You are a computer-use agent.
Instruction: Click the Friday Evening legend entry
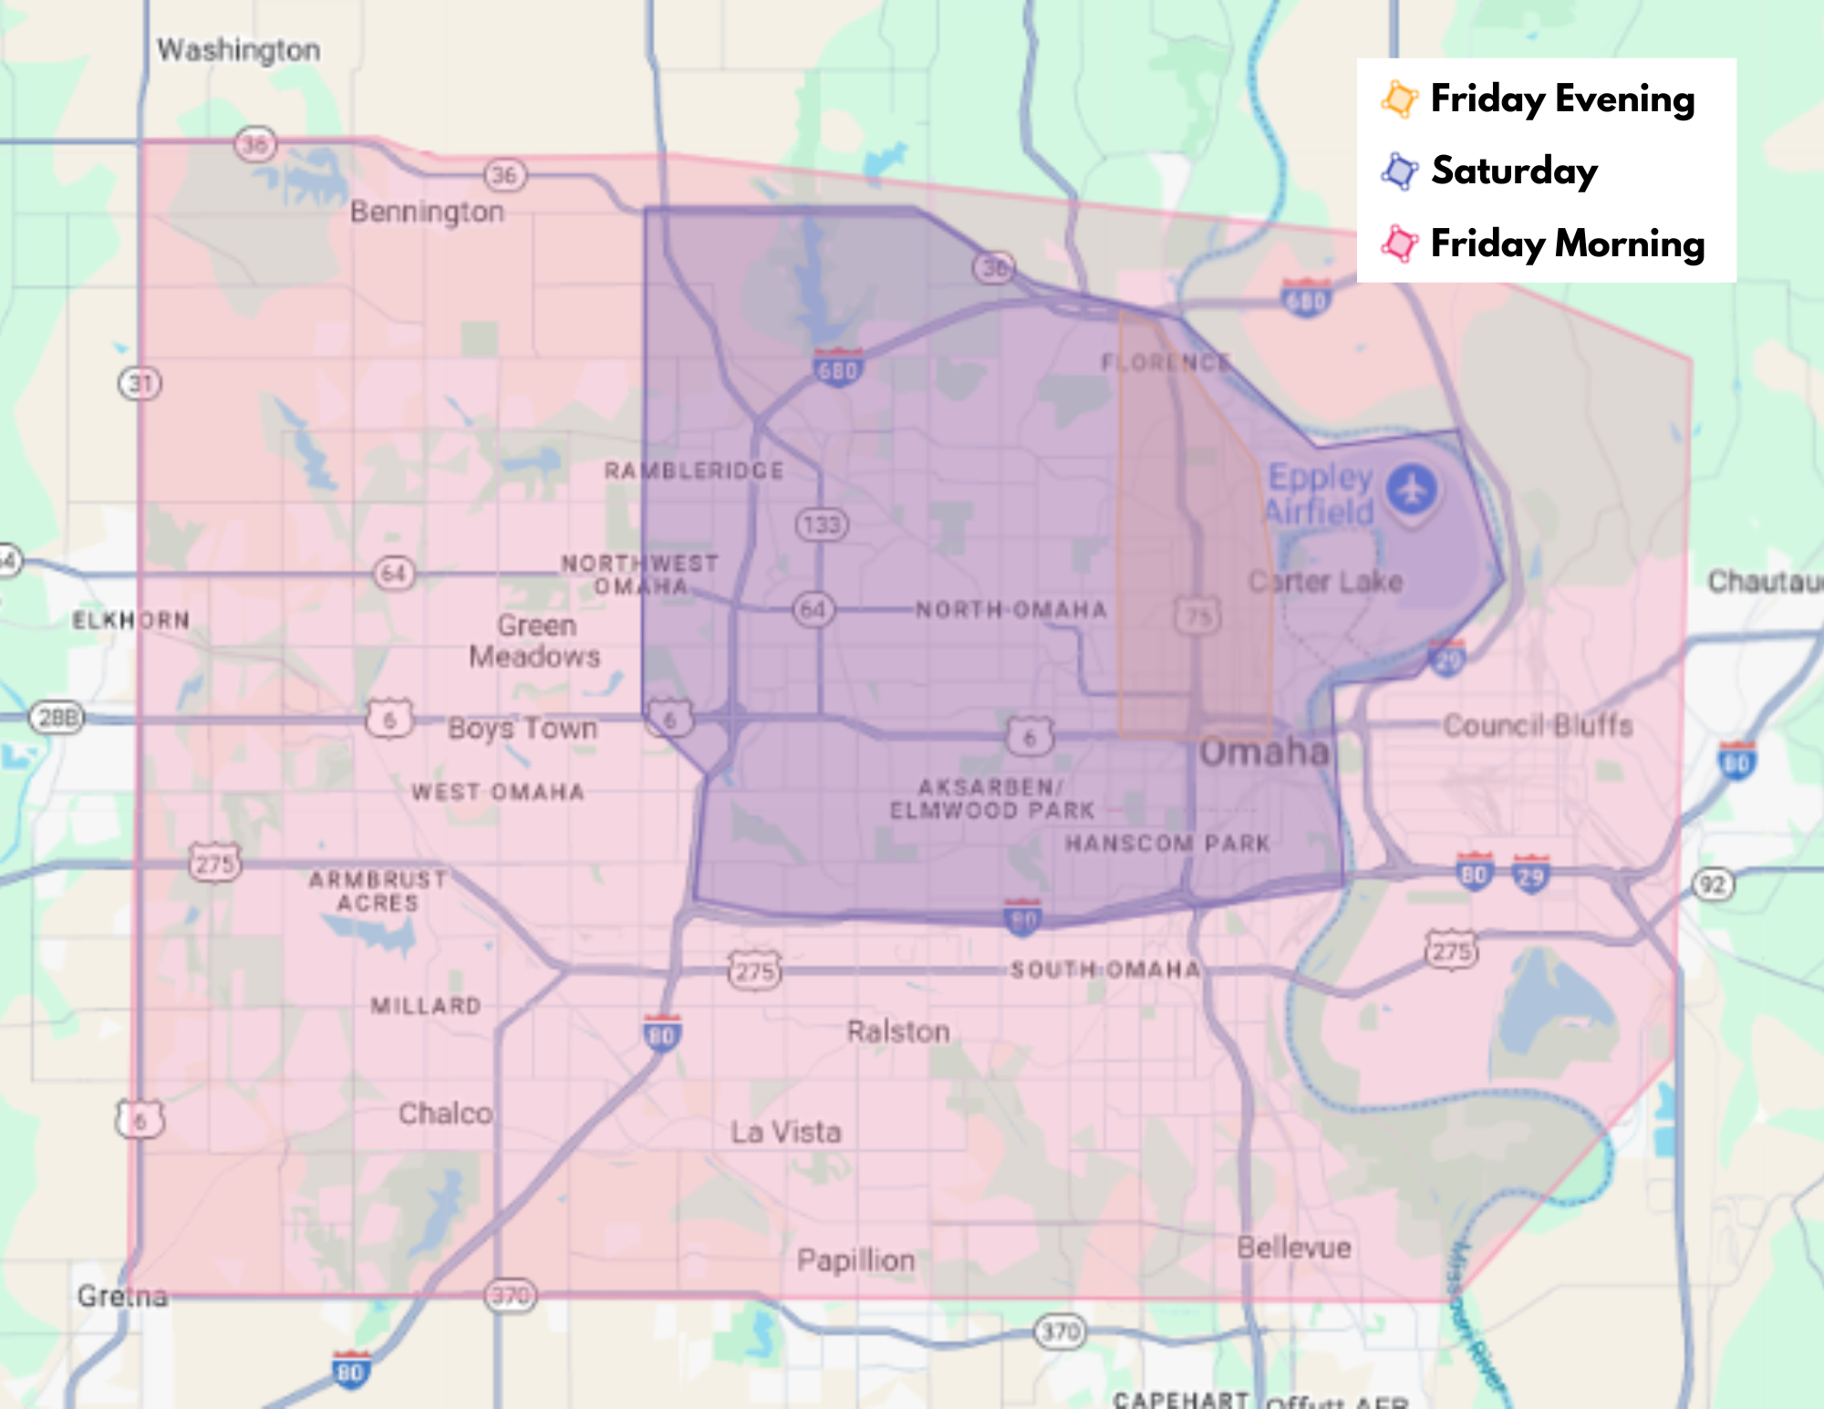(x=1561, y=98)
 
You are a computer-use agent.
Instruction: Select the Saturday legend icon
(x=1400, y=171)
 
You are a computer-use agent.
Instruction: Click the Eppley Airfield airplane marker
(x=1412, y=490)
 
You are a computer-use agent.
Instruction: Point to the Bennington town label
(x=427, y=212)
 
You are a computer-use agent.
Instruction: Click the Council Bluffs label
(x=1538, y=726)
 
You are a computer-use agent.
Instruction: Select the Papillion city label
(x=855, y=1260)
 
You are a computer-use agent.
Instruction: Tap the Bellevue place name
(x=1293, y=1248)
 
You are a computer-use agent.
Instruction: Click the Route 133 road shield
(x=822, y=524)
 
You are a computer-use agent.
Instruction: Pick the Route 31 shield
(x=140, y=383)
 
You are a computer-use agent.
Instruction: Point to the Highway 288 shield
(x=57, y=718)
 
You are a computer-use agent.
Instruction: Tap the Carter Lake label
(x=1324, y=581)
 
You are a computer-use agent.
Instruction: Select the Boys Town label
(x=523, y=729)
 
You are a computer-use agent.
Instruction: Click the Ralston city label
(x=898, y=1031)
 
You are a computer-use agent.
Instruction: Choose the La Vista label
(x=786, y=1132)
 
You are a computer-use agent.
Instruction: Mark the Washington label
(x=238, y=50)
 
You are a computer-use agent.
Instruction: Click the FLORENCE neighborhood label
(x=1166, y=363)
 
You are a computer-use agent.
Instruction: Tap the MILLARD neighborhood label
(x=426, y=1006)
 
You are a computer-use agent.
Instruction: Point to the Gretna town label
(x=122, y=1296)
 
